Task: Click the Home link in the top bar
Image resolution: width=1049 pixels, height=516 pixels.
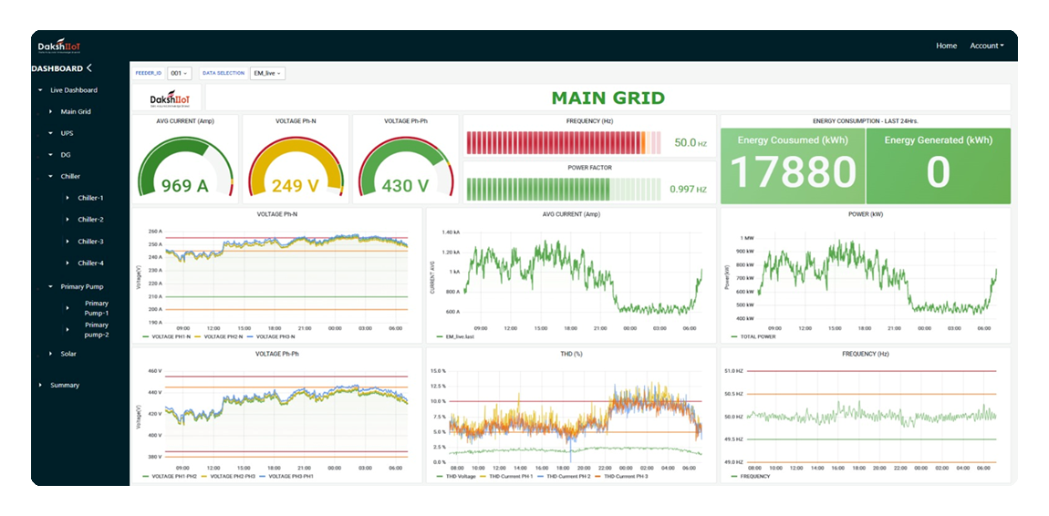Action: click(946, 46)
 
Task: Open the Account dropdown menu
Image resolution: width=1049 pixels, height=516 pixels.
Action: click(986, 46)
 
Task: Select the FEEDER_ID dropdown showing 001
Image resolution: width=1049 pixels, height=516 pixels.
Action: click(179, 73)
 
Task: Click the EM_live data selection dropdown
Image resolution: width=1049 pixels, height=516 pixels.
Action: click(267, 73)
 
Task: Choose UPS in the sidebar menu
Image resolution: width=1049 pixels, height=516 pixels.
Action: click(67, 133)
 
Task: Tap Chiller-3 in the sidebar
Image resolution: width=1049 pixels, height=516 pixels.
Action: click(90, 242)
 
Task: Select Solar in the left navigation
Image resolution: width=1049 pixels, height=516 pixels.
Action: click(68, 353)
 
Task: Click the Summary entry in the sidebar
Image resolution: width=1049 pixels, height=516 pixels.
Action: click(65, 385)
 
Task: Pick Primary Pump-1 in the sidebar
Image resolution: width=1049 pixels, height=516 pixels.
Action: click(97, 308)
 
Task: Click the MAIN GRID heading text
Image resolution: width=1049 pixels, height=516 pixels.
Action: click(608, 98)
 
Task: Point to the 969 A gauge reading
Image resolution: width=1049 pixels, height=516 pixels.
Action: click(184, 186)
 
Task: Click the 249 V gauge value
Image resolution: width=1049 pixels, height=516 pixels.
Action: click(294, 186)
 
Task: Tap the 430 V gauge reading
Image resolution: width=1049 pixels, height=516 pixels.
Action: click(404, 186)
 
